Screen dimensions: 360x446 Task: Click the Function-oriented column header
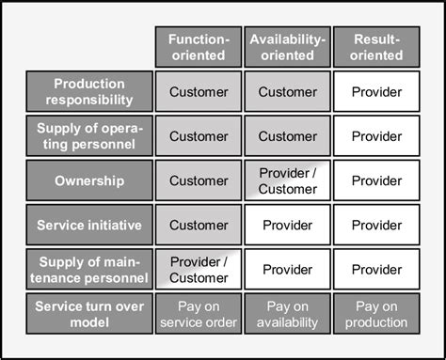click(199, 47)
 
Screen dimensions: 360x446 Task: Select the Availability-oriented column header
click(287, 47)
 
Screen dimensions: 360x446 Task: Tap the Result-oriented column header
click(376, 47)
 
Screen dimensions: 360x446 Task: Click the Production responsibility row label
click(89, 92)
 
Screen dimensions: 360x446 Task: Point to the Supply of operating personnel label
click(89, 136)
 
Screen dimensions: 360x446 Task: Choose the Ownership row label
click(89, 180)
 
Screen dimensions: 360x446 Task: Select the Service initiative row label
click(89, 225)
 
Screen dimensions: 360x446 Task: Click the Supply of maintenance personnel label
click(89, 269)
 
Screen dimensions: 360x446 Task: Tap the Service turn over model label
click(89, 313)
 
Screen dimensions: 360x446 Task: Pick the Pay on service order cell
click(199, 313)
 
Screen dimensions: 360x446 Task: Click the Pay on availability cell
click(287, 313)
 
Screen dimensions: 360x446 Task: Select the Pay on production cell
click(376, 313)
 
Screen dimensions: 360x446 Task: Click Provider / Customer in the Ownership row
click(287, 180)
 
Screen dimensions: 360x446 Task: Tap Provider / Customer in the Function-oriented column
click(199, 269)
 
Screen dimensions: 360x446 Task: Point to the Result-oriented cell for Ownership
click(376, 180)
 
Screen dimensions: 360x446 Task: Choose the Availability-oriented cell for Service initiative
click(287, 225)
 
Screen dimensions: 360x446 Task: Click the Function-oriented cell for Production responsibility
click(199, 92)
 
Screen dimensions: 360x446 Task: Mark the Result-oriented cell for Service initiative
click(376, 225)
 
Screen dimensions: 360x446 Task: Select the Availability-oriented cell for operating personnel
click(287, 136)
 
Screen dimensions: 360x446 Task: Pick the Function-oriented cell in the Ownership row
click(199, 180)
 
